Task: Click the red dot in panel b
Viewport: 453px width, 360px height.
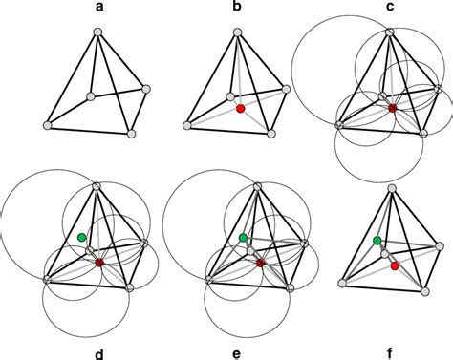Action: point(241,109)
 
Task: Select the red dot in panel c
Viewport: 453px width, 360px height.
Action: point(392,109)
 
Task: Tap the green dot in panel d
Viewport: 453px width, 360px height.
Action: point(82,236)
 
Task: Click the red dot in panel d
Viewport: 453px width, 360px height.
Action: point(98,263)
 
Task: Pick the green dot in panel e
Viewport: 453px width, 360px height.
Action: point(244,237)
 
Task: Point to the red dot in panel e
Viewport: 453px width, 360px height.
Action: point(260,263)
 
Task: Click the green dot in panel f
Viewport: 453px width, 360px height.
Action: point(377,240)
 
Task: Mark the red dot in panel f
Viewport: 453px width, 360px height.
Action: point(394,266)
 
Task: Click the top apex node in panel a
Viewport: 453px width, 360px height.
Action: point(97,33)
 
